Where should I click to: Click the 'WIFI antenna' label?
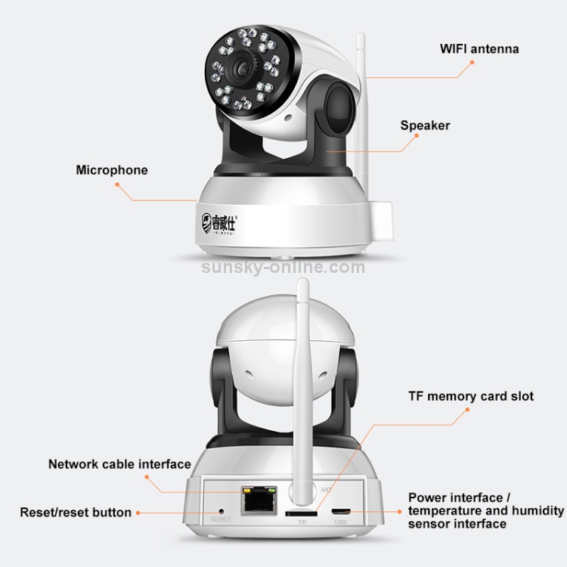[x=479, y=49]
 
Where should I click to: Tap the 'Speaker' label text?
[x=425, y=125]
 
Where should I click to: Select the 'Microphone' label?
[x=112, y=170]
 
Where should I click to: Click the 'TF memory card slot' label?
[x=471, y=396]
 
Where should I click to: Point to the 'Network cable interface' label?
[x=119, y=464]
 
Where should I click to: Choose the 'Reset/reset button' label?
[x=76, y=513]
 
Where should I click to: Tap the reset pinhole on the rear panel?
[x=221, y=511]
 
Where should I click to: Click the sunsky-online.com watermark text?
[x=283, y=266]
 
